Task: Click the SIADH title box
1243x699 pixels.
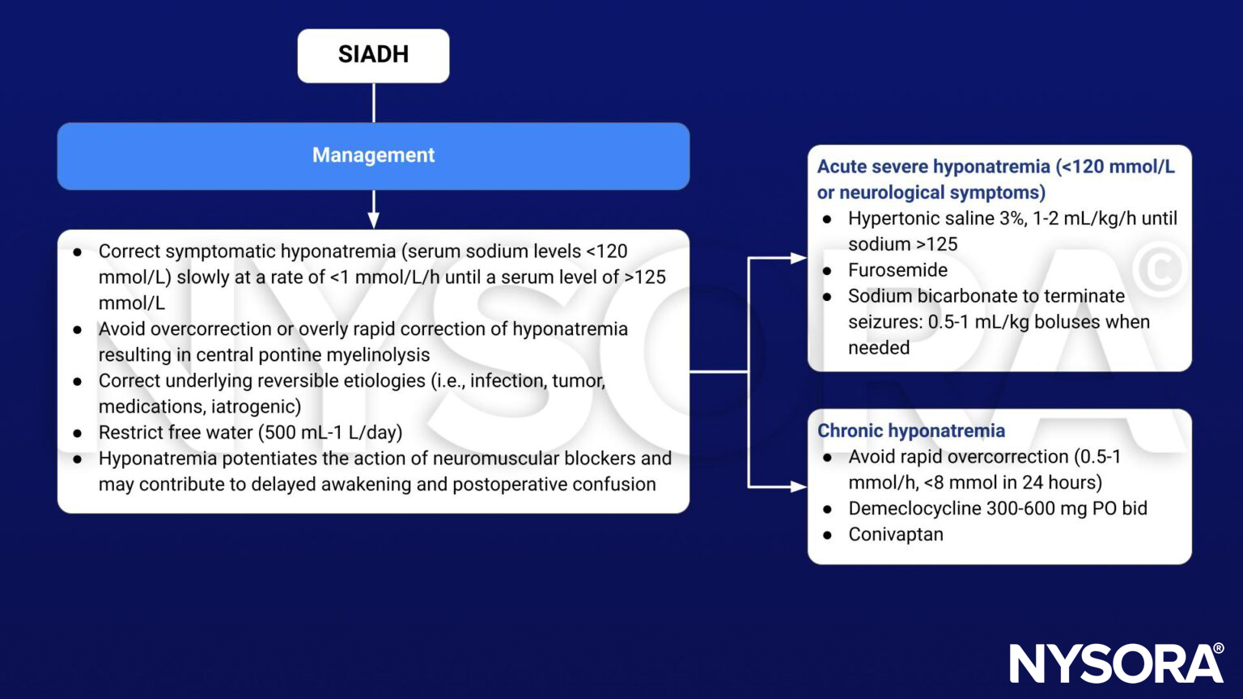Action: [373, 55]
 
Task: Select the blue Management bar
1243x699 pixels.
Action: [373, 155]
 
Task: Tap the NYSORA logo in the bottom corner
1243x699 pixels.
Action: [1117, 663]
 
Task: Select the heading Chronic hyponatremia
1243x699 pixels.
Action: [910, 430]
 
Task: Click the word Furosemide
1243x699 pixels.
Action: [897, 270]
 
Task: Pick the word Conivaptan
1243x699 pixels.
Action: [895, 534]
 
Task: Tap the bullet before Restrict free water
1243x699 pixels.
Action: [78, 433]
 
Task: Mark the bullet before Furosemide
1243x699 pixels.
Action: [827, 271]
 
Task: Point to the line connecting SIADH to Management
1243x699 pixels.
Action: [373, 103]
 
